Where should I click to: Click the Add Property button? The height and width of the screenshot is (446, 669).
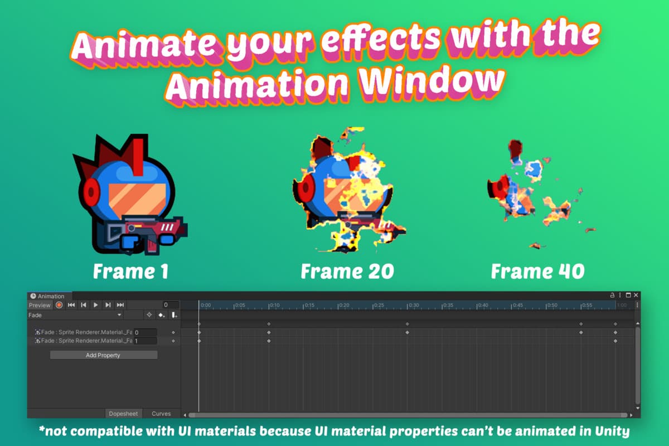pos(103,355)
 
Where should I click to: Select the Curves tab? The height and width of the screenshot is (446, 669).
pos(161,414)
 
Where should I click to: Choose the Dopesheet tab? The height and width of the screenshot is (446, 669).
pos(124,414)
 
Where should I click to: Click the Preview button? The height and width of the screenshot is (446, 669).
pos(40,305)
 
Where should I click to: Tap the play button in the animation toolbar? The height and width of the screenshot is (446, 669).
pos(96,305)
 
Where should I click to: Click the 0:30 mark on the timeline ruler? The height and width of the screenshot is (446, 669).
pos(414,306)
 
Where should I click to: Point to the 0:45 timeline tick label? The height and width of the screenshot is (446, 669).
pos(518,306)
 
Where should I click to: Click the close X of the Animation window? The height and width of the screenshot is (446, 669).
pos(636,295)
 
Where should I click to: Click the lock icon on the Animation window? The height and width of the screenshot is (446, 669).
pos(612,295)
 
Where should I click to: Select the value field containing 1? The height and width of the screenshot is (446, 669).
pos(145,341)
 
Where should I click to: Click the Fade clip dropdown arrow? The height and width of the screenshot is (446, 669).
pos(119,316)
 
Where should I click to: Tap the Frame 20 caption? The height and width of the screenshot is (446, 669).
pos(347,272)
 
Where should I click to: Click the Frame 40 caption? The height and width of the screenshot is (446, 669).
pos(537,272)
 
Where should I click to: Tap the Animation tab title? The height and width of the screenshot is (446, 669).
pos(51,296)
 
